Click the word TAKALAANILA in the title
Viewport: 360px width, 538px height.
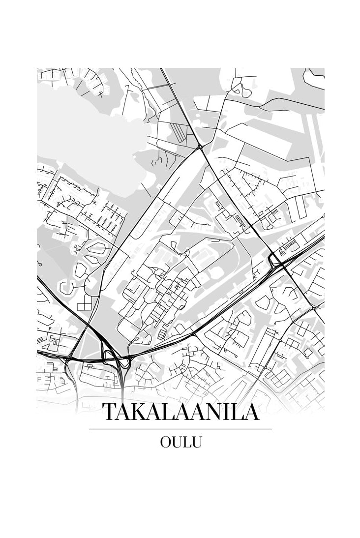(180, 412)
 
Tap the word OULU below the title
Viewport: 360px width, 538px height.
(180, 442)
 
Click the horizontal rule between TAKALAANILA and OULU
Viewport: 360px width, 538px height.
(180, 429)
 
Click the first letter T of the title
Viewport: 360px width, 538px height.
(109, 412)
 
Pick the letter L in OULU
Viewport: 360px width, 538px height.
(187, 442)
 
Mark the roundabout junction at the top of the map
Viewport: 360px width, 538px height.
(200, 147)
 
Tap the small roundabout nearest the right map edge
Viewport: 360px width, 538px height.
(314, 308)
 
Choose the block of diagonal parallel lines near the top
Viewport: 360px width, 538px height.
(180, 131)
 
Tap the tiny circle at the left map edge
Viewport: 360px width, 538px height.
(39, 264)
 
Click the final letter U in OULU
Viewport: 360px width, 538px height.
(197, 442)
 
